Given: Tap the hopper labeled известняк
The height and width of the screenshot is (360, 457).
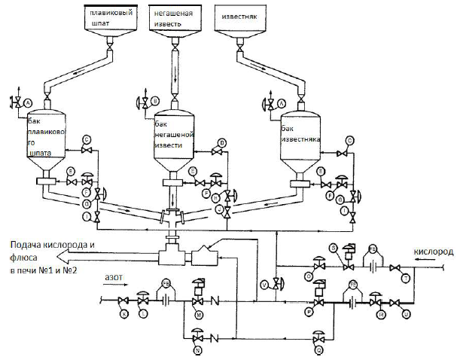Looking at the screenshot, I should pyautogui.click(x=239, y=20).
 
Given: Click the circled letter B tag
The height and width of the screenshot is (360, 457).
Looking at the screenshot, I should pyautogui.click(x=155, y=100).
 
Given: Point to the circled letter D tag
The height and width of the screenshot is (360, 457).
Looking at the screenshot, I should pyautogui.click(x=222, y=142).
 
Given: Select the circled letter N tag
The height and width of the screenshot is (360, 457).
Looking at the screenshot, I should pyautogui.click(x=198, y=351).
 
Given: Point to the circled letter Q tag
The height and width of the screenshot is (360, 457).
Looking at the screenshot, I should pyautogui.click(x=319, y=351).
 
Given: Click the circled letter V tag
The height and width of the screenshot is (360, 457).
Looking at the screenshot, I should pyautogui.click(x=264, y=284).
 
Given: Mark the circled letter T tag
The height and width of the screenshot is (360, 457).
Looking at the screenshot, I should pyautogui.click(x=407, y=279).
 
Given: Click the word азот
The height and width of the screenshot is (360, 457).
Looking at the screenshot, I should pyautogui.click(x=114, y=278).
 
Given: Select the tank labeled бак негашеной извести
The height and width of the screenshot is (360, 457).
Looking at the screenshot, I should pyautogui.click(x=174, y=139).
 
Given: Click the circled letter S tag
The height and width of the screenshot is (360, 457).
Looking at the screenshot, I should pyautogui.click(x=334, y=247).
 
